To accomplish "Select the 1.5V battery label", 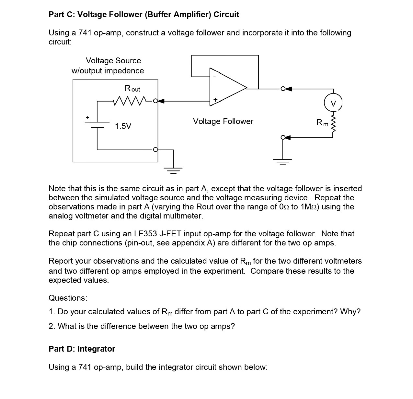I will pos(123,126).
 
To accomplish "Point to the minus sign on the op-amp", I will pos(214,77).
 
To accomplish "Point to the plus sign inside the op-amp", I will pos(215,99).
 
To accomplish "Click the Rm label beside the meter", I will pos(322,123).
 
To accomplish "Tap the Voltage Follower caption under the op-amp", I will pos(223,121).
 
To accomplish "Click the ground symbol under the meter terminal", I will pos(283,160).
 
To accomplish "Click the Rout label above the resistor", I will pos(132,88).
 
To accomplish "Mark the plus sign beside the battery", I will pos(87,117).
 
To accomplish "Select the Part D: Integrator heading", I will pos(82,349).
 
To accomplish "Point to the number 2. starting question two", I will pos(52,326).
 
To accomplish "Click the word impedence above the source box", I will pos(124,71).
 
